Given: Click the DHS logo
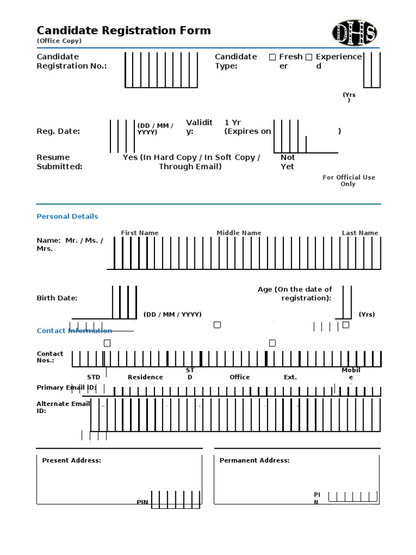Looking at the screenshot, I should point(354,33).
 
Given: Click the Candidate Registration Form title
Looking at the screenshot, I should point(123,30).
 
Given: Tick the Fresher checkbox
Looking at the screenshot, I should point(272,57).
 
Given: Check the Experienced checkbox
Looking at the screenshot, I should point(309,57).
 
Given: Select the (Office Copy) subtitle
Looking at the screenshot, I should point(59,41).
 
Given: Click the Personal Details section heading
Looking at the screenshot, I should point(67,216).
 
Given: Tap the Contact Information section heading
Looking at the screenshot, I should point(74,331).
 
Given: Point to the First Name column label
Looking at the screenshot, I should point(140,233).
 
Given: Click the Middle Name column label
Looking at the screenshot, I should point(239,233).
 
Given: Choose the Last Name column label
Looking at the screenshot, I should point(360,233).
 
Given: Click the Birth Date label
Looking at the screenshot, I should point(57,298).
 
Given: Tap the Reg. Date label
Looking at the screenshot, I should point(58,131).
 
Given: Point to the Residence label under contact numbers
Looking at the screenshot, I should point(145,377).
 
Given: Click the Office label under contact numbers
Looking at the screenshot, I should point(239,377).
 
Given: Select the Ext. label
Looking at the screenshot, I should point(290,377).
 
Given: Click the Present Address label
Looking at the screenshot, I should point(71,461).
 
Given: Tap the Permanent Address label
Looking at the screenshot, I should point(254,461).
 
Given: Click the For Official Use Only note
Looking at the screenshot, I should point(349,180).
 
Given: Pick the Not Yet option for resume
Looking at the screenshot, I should point(287,162).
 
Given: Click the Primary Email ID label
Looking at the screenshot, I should point(66,388).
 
